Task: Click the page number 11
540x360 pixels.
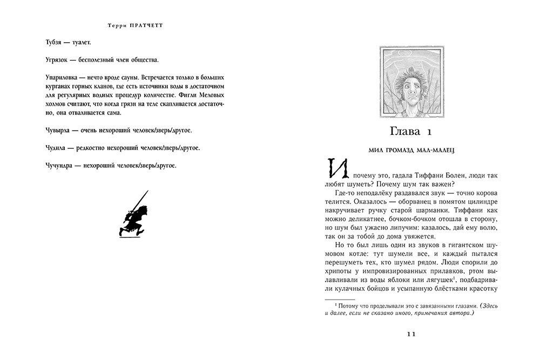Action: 410,334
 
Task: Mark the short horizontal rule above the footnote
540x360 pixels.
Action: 339,298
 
